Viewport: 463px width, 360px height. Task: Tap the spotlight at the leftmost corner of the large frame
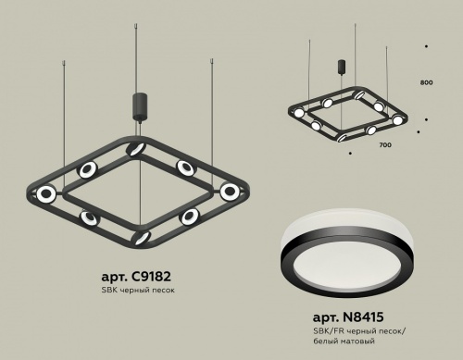pos(45,193)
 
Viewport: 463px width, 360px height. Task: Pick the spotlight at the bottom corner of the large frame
pos(141,237)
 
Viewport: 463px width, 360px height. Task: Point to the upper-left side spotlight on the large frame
pos(89,169)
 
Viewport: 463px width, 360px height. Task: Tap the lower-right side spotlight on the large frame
pos(189,216)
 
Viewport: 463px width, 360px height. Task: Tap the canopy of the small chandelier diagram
pos(355,71)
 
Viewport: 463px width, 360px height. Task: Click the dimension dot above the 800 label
pos(425,45)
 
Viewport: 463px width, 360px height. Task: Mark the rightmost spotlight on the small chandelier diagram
pos(398,120)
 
